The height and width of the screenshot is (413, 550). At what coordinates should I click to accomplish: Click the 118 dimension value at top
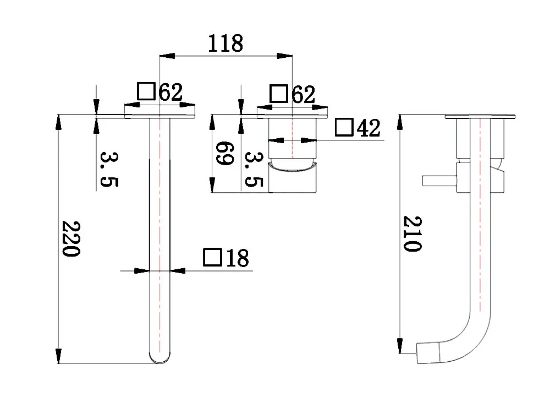click(x=225, y=43)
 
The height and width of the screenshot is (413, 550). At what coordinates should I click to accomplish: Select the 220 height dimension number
click(x=71, y=239)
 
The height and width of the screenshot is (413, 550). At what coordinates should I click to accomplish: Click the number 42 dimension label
click(x=369, y=128)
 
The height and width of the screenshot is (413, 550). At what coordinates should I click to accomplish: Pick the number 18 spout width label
click(x=237, y=258)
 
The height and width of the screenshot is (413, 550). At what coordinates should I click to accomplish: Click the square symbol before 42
click(x=344, y=128)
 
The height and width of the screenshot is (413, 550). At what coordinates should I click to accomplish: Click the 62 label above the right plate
click(x=302, y=95)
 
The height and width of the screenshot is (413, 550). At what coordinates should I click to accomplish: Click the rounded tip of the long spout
click(x=159, y=360)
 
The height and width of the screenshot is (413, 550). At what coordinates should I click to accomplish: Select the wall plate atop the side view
click(x=480, y=116)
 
